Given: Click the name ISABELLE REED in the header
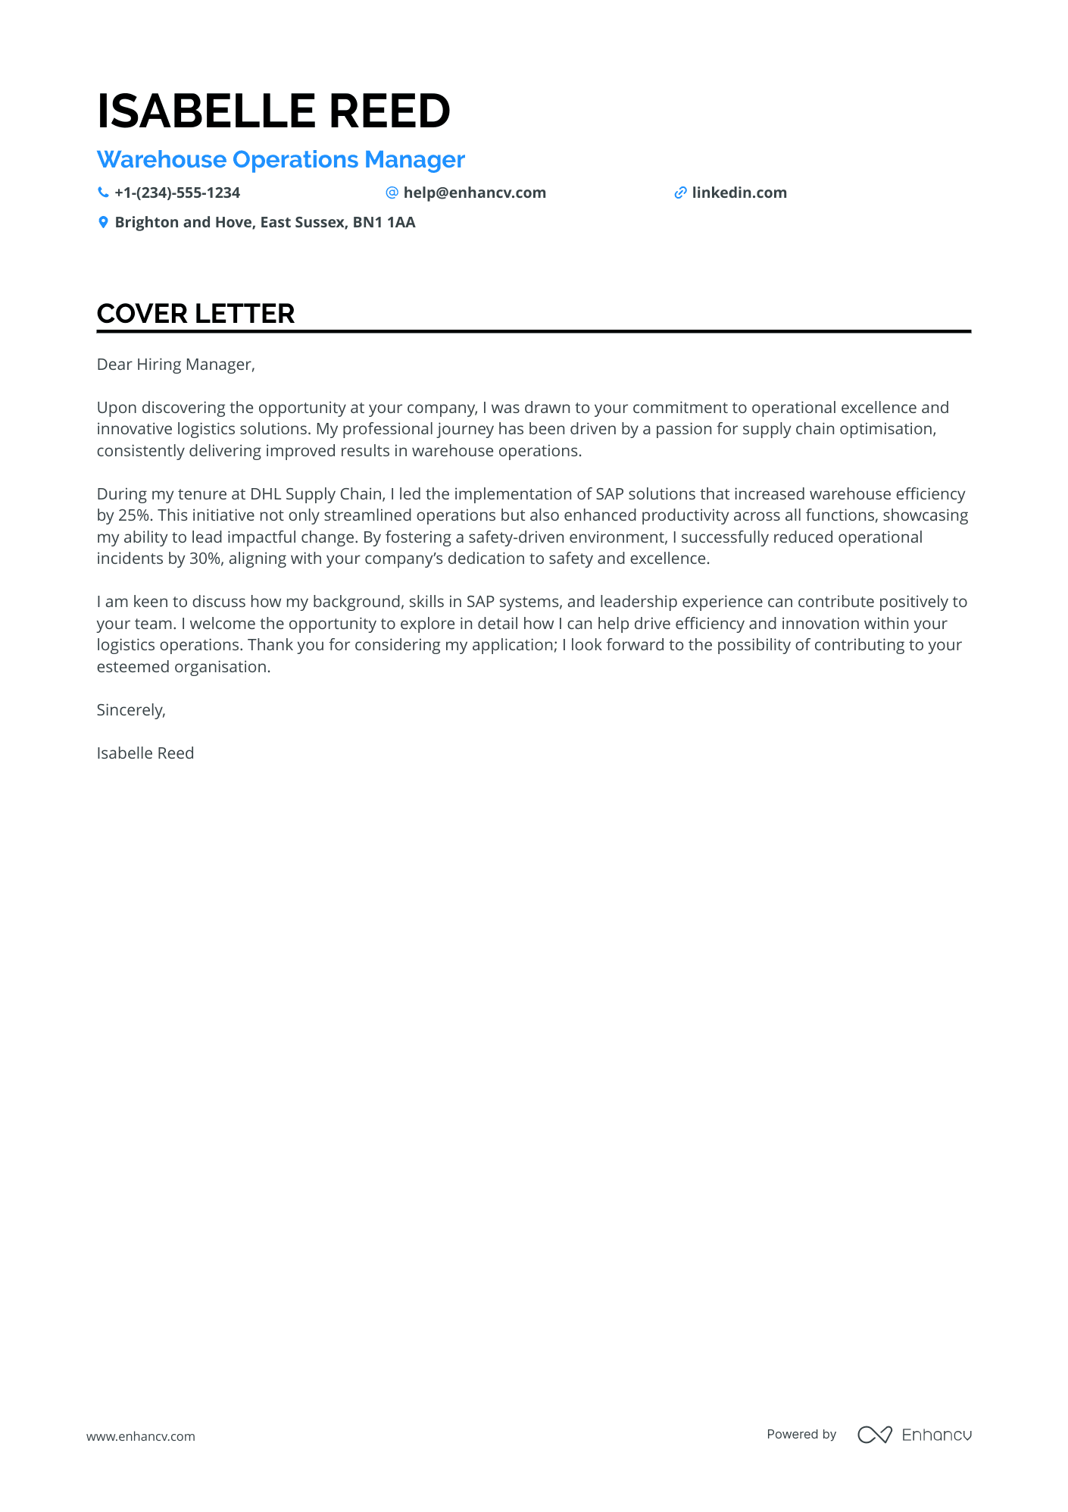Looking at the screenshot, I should coord(273,111).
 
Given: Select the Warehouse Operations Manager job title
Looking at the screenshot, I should coord(280,160).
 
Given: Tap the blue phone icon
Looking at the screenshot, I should coord(103,193).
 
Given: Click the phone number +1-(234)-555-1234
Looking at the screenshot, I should coord(177,193).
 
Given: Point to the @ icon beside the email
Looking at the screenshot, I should coord(392,193).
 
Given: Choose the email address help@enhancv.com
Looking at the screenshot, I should coord(474,193).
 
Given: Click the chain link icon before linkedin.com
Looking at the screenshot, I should coord(680,193).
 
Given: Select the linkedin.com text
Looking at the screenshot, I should coord(739,193).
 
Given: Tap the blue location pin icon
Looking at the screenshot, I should coord(103,222).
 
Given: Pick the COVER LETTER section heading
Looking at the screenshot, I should coord(195,314).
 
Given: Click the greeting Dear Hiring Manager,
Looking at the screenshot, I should coord(176,365).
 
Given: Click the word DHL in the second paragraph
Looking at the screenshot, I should coord(265,494).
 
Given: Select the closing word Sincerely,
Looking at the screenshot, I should coord(131,710).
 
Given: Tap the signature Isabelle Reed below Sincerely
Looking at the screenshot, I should coord(145,753).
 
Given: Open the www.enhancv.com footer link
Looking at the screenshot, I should coord(141,1436).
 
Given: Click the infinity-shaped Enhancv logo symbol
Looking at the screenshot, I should coord(874,1435).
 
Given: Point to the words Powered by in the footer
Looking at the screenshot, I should coord(801,1434).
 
